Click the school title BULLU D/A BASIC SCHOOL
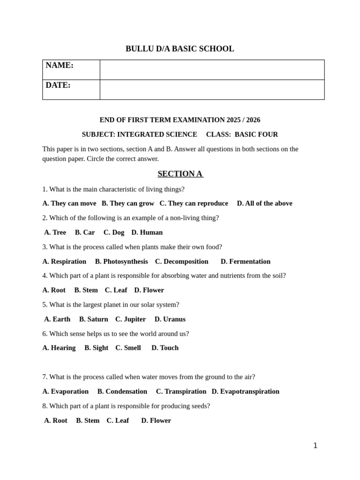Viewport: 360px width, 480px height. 180,49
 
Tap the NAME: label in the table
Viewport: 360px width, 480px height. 60,66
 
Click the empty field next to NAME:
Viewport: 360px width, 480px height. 212,70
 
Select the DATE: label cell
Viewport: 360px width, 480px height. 58,85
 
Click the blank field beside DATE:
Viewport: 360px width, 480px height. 212,90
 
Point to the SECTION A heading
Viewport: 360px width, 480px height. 180,174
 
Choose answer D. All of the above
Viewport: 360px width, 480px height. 264,203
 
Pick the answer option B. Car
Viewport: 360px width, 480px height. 85,232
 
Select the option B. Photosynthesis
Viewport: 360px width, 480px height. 121,262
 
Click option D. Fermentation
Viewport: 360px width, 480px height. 246,262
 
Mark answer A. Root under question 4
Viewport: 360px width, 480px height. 54,290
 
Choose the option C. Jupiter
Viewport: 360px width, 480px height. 130,319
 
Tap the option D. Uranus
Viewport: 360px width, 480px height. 170,319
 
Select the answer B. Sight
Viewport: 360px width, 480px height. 96,348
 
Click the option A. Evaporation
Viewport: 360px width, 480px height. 65,391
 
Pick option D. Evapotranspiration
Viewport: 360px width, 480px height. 245,391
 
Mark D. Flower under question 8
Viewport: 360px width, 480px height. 156,420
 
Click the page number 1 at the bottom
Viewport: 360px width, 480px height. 315,446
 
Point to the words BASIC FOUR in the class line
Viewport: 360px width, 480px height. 256,135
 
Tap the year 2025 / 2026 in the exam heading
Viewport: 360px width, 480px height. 243,120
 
